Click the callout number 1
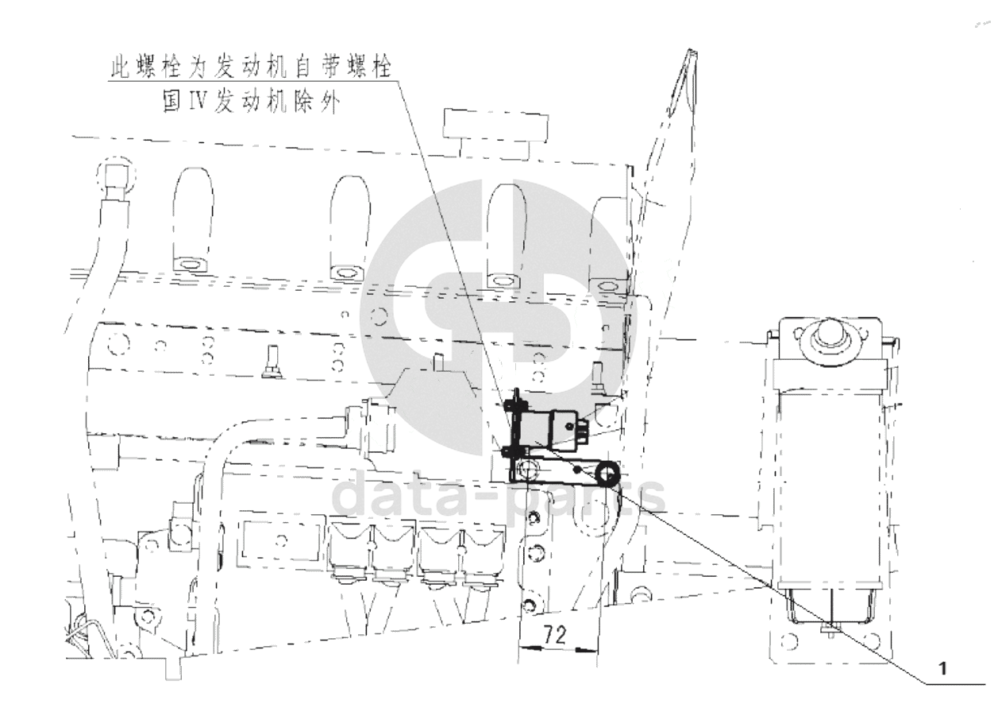[942, 681]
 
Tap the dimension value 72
[554, 634]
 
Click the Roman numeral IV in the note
[195, 102]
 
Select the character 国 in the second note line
[172, 102]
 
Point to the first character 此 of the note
[120, 67]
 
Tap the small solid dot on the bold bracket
[577, 470]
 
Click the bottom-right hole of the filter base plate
[872, 641]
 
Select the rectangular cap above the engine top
[495, 126]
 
